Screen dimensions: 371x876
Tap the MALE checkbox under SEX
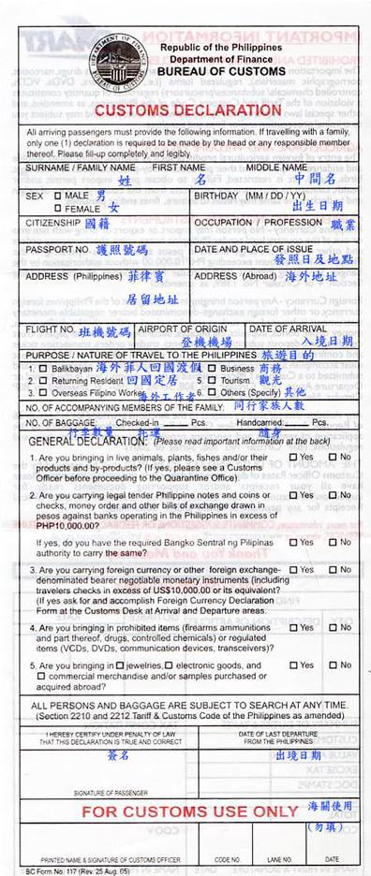[x=59, y=196]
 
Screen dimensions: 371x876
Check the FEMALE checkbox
[x=59, y=207]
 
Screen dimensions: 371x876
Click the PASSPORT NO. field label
[x=58, y=250]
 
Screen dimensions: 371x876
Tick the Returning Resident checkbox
[x=31, y=381]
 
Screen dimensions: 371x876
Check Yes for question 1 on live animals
[x=292, y=457]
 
